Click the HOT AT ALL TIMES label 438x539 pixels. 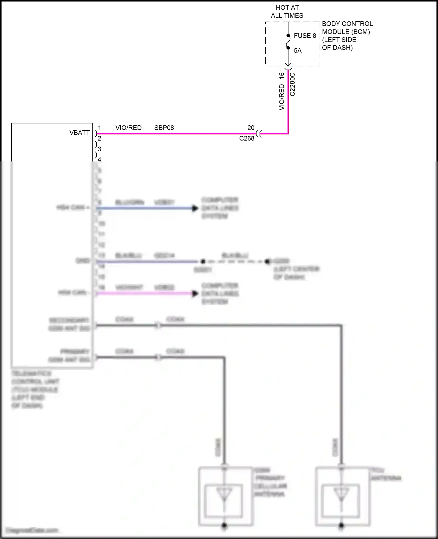tap(287, 12)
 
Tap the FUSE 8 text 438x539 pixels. tap(305, 36)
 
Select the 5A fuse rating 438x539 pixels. tap(298, 51)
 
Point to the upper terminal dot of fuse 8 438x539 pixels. tap(288, 36)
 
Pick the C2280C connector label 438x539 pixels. tap(292, 84)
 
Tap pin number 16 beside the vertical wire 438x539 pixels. tap(281, 75)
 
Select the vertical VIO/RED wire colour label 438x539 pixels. tap(281, 97)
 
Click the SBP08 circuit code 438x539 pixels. tap(164, 128)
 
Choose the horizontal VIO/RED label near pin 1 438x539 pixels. tap(128, 128)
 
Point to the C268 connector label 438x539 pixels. tap(247, 138)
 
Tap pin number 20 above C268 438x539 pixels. tap(251, 128)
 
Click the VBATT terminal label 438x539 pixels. tap(79, 133)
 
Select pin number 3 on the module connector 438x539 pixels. tap(100, 149)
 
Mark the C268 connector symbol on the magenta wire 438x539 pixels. tap(259, 134)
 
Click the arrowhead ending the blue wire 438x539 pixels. tap(195, 208)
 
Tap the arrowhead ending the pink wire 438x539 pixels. tap(195, 293)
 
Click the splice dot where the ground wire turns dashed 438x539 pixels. tap(203, 261)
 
